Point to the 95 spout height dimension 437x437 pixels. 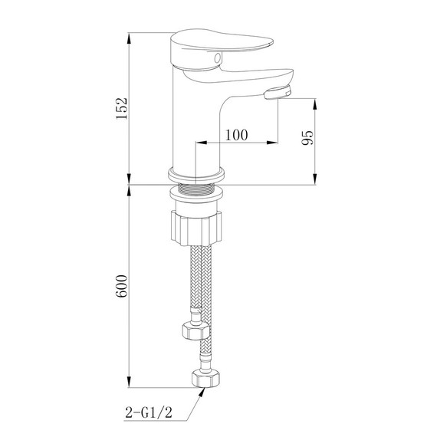(307, 138)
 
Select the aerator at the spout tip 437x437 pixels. (278, 94)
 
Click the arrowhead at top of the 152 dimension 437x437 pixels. (129, 36)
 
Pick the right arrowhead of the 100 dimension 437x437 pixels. (273, 143)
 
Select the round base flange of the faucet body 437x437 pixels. (195, 173)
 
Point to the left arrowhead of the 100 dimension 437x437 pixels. (200, 143)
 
